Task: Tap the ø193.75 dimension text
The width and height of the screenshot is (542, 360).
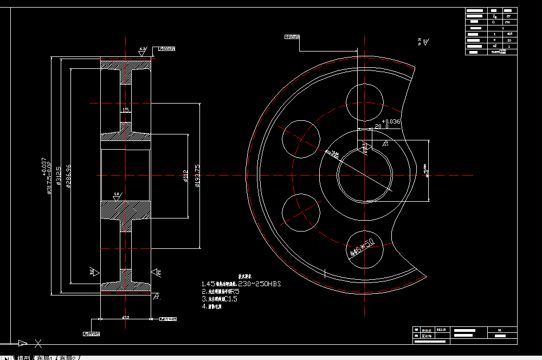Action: coord(198,175)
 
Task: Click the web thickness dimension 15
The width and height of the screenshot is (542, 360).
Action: coord(125,110)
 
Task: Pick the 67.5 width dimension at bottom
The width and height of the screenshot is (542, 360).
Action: coord(125,317)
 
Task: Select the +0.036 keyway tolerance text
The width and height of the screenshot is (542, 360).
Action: coord(391,121)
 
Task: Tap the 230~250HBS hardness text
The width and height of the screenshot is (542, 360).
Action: coord(256,284)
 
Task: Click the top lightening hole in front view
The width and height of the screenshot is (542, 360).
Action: coord(364,103)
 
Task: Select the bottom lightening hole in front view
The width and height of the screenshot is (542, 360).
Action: coord(364,247)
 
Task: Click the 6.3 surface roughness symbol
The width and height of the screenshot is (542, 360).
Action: coord(143,50)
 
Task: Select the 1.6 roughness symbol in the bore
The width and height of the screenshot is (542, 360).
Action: coord(117,194)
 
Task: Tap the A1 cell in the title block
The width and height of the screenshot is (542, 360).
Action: coord(499,330)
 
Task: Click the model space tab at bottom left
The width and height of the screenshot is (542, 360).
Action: coord(23,357)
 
